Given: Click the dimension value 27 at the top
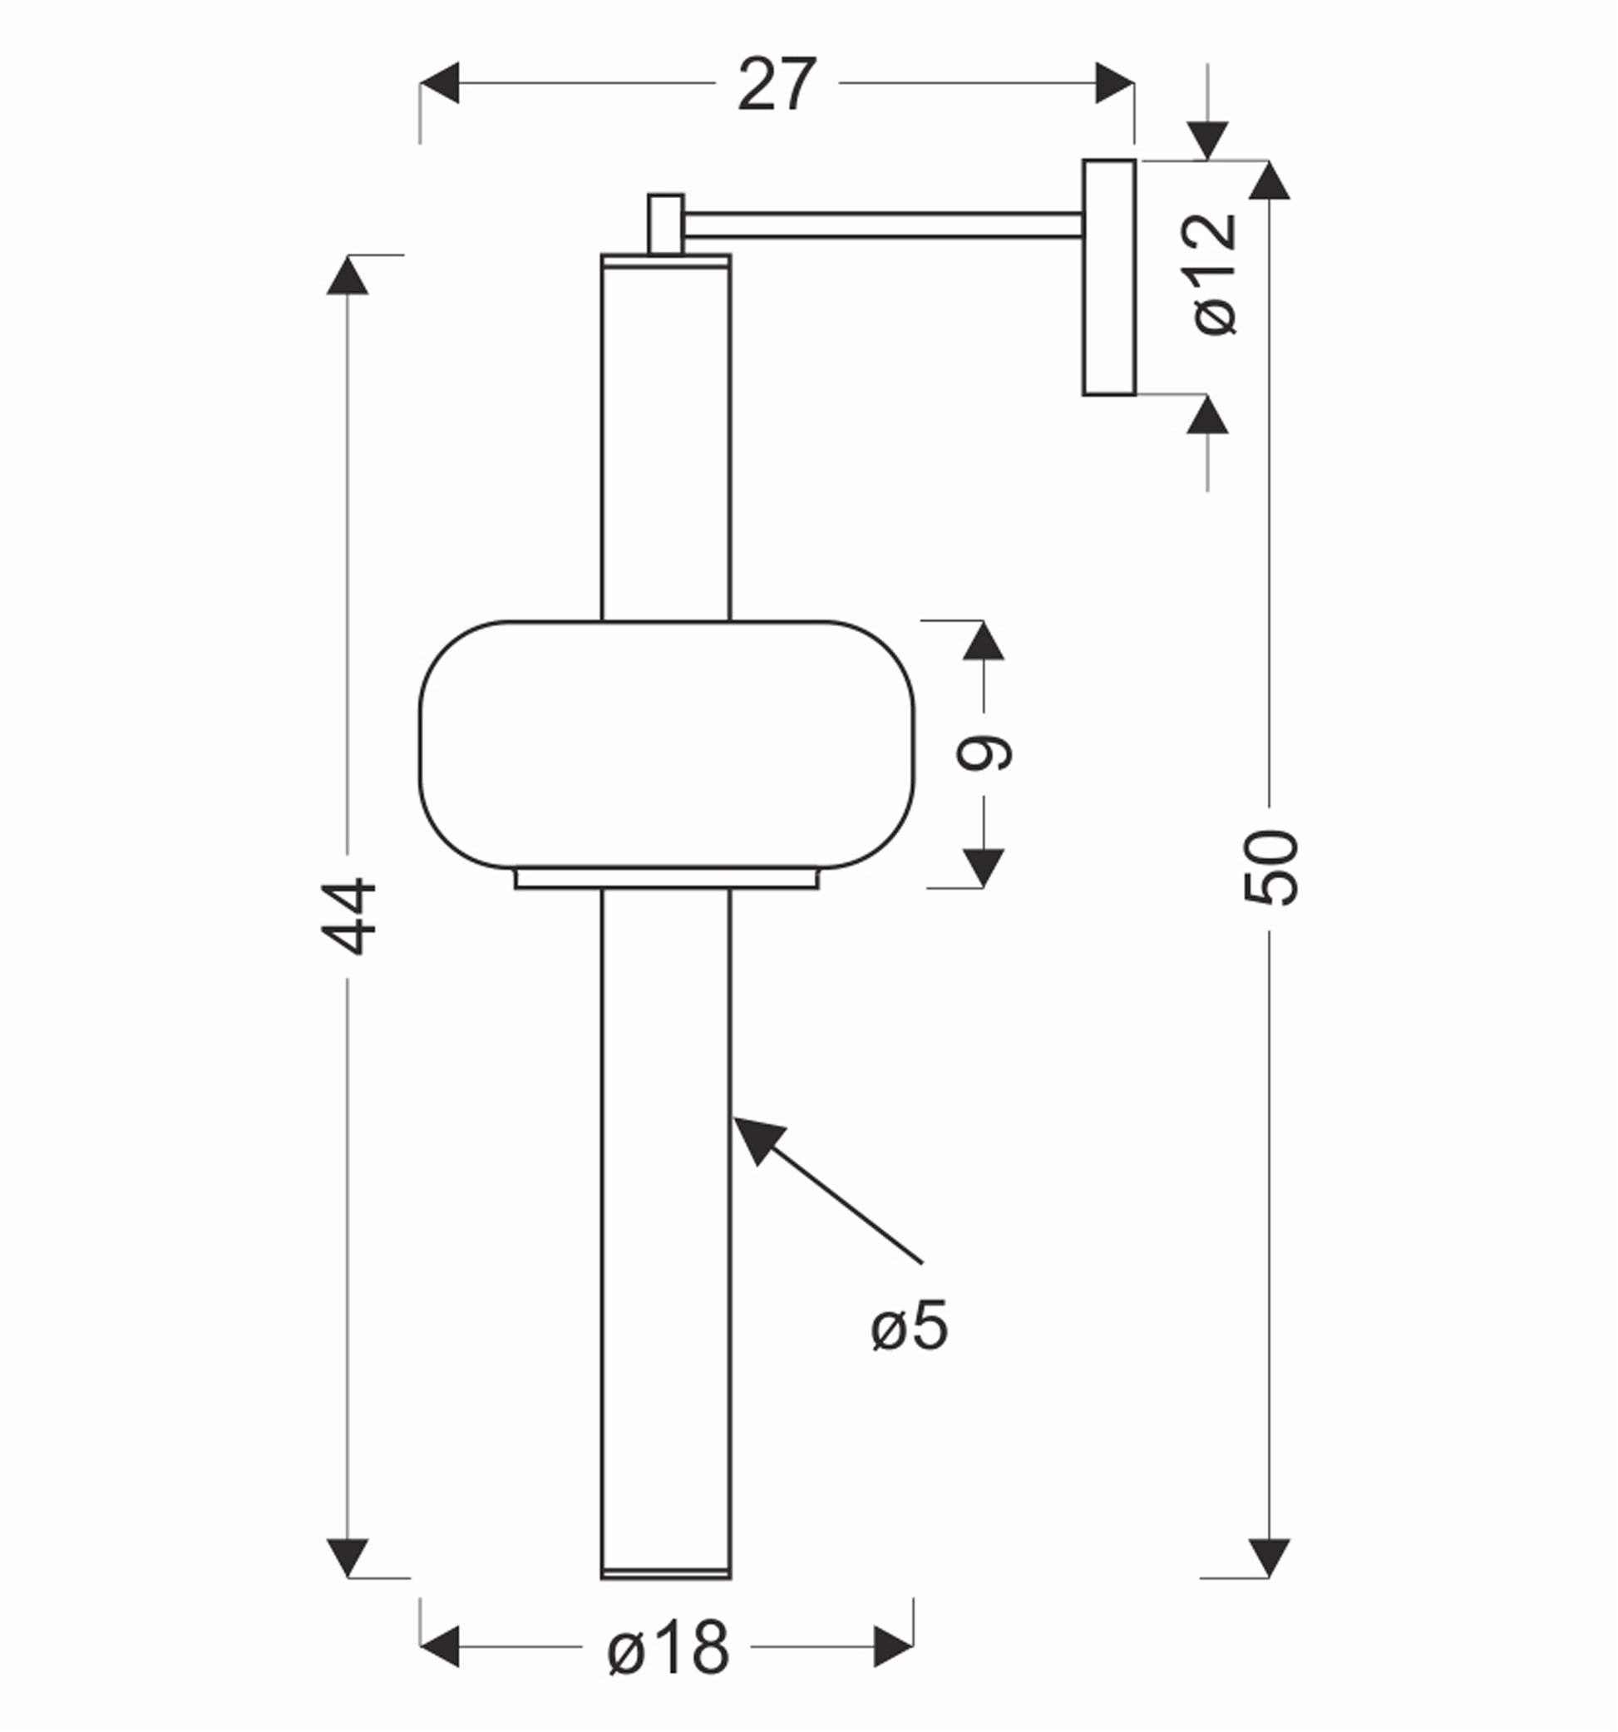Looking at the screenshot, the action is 777,85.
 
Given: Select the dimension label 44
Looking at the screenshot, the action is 348,915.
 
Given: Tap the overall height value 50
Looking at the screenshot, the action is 1270,868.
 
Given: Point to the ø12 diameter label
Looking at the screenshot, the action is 1215,274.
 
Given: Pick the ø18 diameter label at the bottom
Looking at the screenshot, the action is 668,1647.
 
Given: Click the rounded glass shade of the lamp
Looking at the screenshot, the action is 667,744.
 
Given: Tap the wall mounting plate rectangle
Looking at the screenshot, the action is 1109,277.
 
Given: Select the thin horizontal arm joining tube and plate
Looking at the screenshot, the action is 883,224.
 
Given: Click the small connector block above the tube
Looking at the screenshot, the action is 666,224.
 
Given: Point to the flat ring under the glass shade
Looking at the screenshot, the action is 667,878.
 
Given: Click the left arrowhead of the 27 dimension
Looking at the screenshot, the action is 439,83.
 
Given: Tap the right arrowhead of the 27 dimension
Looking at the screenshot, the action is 1115,83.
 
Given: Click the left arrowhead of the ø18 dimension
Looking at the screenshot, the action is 439,1646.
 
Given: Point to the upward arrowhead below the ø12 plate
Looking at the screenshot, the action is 1206,415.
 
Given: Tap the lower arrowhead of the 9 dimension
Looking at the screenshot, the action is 984,868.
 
